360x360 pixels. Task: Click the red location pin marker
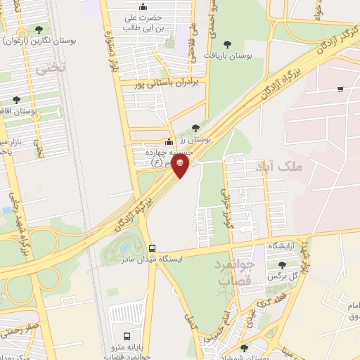point(180,165)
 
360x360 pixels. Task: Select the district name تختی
point(51,67)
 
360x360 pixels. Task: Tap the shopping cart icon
point(340,89)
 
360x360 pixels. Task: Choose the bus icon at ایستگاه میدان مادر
point(151,247)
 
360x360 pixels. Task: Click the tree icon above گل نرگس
point(283,265)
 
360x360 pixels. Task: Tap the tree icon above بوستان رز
point(195,127)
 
